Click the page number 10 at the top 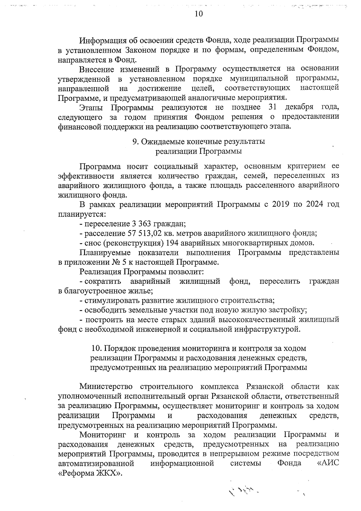pos(199,14)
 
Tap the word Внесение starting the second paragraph pos(97,70)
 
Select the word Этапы pos(91,107)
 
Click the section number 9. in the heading pos(136,141)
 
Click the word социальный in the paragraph pos(176,166)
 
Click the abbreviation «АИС pos(328,463)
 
